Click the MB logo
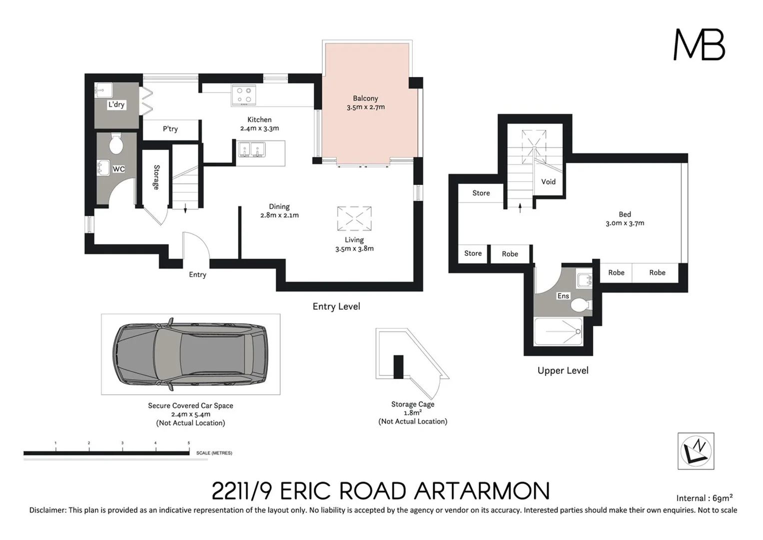(x=699, y=44)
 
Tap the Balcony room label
(x=365, y=98)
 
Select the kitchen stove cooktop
(x=244, y=95)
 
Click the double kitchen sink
(x=251, y=149)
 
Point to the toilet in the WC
(x=116, y=144)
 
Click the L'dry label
(x=116, y=104)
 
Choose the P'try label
(x=170, y=129)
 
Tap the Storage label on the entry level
(x=156, y=177)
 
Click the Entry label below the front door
(x=197, y=274)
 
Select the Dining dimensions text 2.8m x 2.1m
(x=279, y=215)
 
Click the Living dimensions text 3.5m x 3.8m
(x=354, y=248)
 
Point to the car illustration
(x=190, y=354)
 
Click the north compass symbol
(x=696, y=451)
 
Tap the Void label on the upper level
(x=548, y=182)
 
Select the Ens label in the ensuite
(x=563, y=296)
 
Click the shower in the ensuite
(x=558, y=331)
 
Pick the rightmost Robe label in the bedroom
(x=657, y=272)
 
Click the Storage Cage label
(x=413, y=404)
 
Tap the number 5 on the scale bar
(x=188, y=443)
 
